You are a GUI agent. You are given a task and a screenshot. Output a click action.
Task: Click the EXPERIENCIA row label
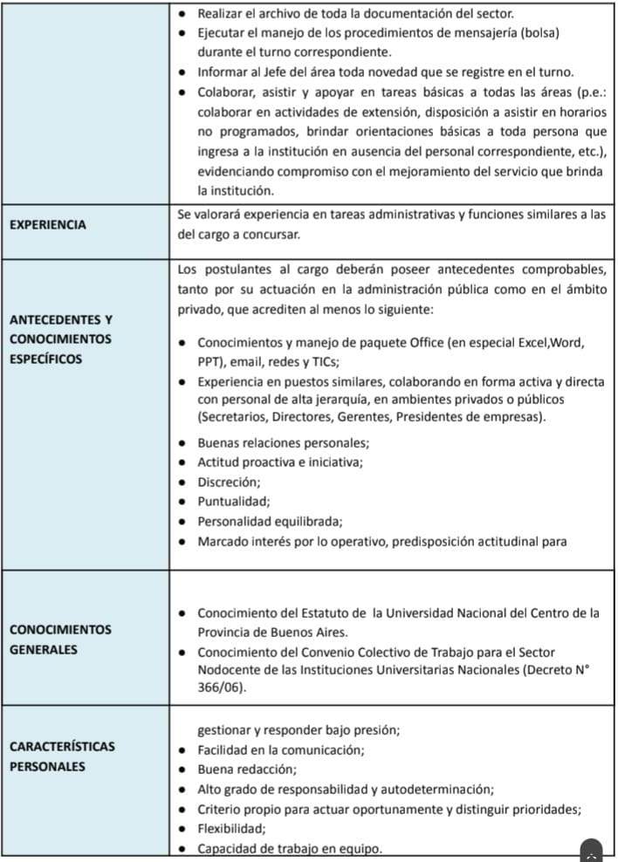47,224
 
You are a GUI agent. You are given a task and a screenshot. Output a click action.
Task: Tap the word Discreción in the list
229,482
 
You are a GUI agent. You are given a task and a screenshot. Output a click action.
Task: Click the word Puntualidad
233,502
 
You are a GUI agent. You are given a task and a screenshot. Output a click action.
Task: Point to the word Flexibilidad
231,828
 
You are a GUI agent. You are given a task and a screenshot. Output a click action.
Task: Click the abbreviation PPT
209,361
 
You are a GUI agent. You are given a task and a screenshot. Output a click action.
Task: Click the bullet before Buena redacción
181,770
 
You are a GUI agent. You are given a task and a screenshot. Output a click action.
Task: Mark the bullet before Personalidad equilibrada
181,522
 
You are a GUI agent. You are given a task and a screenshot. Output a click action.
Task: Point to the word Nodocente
228,670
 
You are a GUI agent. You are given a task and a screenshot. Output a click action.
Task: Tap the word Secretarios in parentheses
233,416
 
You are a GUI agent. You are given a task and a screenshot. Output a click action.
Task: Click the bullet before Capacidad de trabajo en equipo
181,848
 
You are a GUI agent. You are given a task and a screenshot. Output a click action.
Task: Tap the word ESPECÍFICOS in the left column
45,359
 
